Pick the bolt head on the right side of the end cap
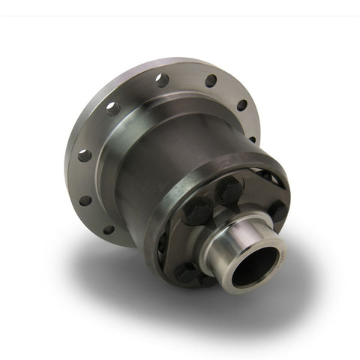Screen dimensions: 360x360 276,211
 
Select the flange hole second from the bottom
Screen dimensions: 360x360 86,200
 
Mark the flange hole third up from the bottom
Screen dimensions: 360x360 84,155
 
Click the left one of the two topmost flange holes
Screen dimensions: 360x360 162,80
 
